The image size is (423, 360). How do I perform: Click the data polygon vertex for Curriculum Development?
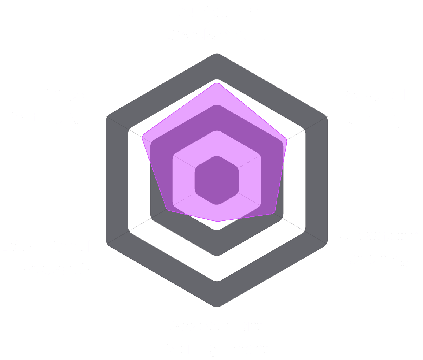(x=217, y=83)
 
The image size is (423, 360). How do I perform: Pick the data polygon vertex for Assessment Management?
(x=217, y=222)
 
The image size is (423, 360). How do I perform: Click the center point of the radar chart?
(x=217, y=180)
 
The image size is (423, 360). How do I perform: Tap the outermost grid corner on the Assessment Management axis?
(x=217, y=307)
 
